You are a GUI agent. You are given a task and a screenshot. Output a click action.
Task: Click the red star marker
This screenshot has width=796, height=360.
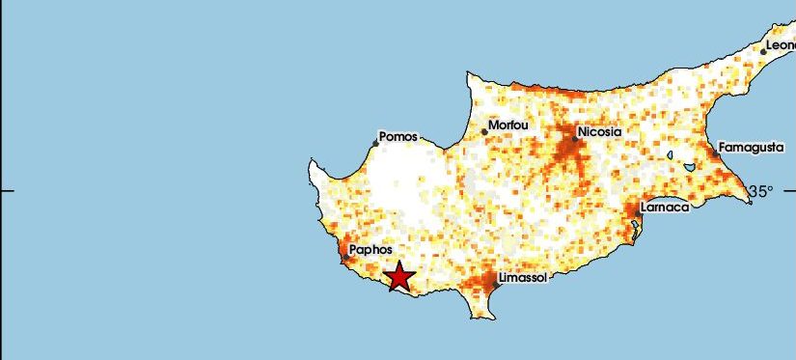click(399, 277)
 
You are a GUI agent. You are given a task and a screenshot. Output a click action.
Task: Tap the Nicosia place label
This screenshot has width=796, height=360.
click(599, 132)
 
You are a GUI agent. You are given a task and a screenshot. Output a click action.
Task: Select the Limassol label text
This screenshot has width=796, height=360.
click(524, 278)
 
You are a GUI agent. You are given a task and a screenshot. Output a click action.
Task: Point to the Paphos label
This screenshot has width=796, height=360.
click(371, 249)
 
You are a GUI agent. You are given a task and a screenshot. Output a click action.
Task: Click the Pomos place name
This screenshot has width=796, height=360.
click(398, 137)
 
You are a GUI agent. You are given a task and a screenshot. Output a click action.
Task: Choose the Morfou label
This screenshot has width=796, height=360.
click(509, 125)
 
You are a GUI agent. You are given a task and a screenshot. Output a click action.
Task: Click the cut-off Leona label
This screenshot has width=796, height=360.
click(780, 45)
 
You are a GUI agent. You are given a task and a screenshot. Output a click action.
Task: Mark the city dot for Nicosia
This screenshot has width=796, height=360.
click(575, 138)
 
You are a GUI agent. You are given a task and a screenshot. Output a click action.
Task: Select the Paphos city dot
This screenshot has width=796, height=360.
click(345, 257)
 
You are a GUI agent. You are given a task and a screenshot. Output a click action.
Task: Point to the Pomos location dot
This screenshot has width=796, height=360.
click(376, 144)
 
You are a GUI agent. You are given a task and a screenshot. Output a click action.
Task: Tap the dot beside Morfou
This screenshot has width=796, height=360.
click(484, 132)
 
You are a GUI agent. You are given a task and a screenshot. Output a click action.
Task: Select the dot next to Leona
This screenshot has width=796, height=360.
click(763, 51)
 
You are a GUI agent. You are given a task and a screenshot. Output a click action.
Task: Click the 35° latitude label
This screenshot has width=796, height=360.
click(761, 191)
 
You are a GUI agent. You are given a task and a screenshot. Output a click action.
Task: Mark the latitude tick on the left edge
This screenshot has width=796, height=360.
click(7, 190)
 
